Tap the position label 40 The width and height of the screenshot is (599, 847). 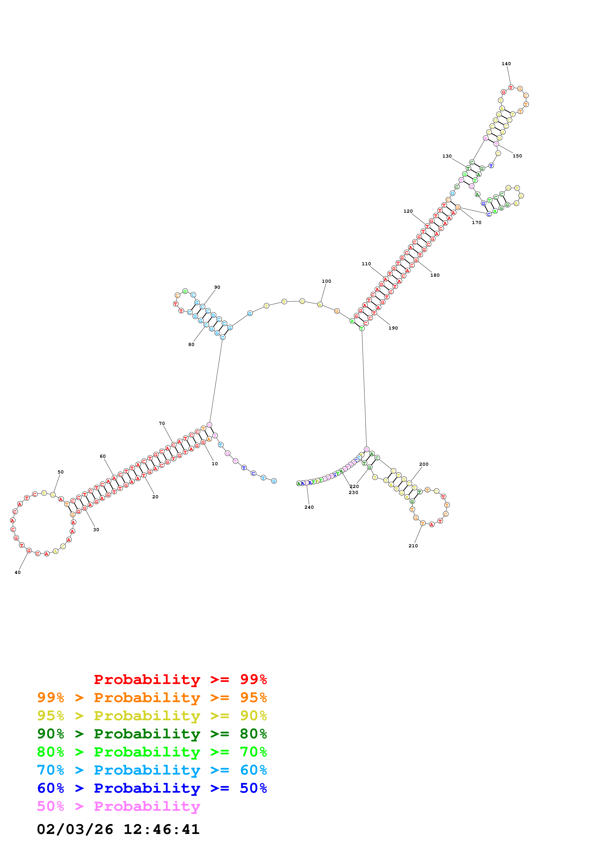(x=18, y=572)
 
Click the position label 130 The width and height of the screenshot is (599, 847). (x=447, y=156)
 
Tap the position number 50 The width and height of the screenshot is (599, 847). (x=60, y=472)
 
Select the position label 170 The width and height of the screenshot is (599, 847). (x=476, y=222)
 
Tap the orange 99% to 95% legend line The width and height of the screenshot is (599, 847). (x=152, y=697)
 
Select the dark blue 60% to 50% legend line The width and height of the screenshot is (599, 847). (x=152, y=788)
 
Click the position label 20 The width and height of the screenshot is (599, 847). (x=155, y=497)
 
